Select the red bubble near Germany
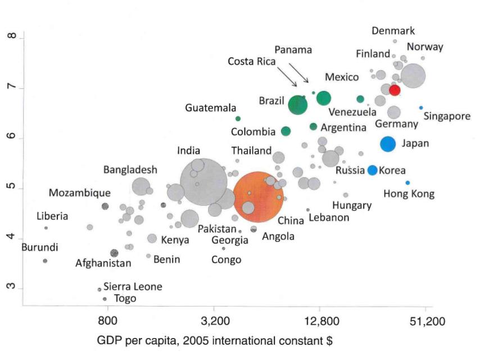point(395,90)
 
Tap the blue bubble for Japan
point(388,144)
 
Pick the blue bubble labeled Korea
point(372,170)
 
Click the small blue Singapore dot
point(420,107)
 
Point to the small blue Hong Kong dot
point(407,183)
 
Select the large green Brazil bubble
point(298,105)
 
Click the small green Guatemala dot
point(238,119)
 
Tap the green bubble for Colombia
point(286,132)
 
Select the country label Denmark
point(393,31)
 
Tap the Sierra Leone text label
point(133,287)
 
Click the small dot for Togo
point(105,299)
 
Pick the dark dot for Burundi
point(45,261)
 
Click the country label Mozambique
point(79,193)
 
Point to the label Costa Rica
point(251,61)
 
